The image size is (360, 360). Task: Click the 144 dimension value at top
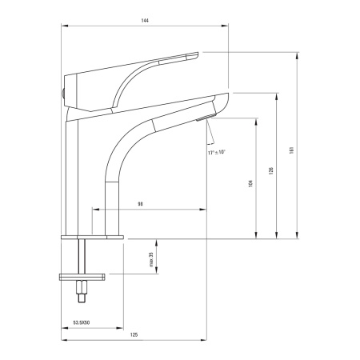145,21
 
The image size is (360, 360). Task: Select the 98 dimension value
140,204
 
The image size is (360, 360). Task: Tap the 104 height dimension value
250,183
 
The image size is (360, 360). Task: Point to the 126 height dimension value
271,170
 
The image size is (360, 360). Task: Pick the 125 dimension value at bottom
134,334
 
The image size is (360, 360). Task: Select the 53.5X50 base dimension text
82,322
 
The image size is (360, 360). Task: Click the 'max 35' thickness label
151,260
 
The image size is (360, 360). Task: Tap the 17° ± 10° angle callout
217,152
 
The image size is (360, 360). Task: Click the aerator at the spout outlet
206,118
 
